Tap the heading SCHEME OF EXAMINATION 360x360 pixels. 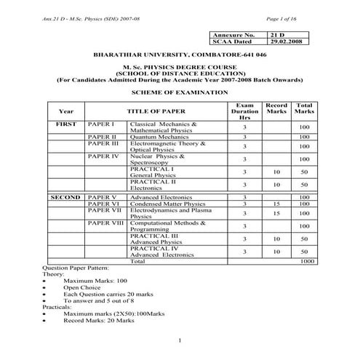tap(179, 94)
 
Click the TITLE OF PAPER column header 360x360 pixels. tap(156, 111)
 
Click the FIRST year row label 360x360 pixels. tap(66, 125)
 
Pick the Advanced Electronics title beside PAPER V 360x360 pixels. tap(161, 197)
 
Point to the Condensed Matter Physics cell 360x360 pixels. tap(167, 204)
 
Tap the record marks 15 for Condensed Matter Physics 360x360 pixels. tap(276, 204)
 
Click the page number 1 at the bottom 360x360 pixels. tap(180, 341)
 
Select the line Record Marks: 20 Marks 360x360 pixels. tap(98, 320)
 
